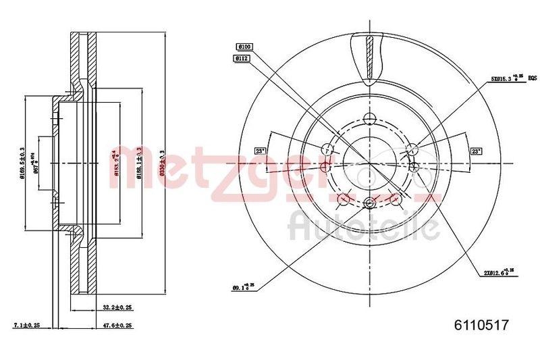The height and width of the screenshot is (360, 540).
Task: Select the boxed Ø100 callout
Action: point(244,46)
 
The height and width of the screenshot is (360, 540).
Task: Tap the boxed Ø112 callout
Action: point(243,59)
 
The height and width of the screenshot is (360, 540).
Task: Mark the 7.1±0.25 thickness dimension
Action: point(27,325)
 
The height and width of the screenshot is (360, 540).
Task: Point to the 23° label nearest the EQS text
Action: point(476,151)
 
